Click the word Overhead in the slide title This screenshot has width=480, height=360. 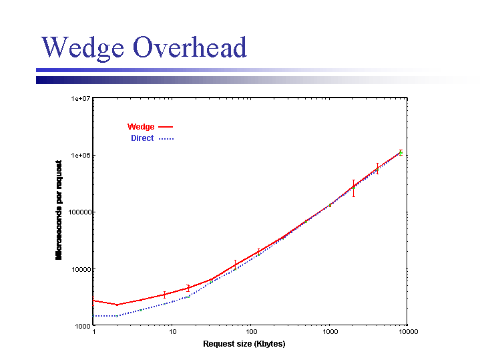pyautogui.click(x=190, y=47)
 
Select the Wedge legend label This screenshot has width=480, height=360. pyautogui.click(x=141, y=127)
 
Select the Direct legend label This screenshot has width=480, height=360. pyautogui.click(x=142, y=138)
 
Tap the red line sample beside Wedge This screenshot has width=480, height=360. pyautogui.click(x=166, y=127)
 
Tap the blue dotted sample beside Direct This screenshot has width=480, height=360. pyautogui.click(x=166, y=138)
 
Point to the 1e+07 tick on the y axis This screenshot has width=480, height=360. pyautogui.click(x=80, y=98)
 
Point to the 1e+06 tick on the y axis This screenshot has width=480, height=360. pyautogui.click(x=80, y=155)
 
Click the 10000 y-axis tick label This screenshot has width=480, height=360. pyautogui.click(x=80, y=269)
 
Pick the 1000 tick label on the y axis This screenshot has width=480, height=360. pyautogui.click(x=81, y=326)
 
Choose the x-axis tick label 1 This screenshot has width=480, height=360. pyautogui.click(x=93, y=332)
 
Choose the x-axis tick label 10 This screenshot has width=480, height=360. pyautogui.click(x=172, y=332)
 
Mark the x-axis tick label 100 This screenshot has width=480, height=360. pyautogui.click(x=251, y=332)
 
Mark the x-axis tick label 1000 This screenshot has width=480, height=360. pyautogui.click(x=329, y=332)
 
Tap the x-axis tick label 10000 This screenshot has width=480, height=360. pyautogui.click(x=408, y=332)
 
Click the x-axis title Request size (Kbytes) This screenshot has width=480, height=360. pyautogui.click(x=244, y=344)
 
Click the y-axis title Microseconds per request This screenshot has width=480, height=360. pyautogui.click(x=59, y=210)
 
